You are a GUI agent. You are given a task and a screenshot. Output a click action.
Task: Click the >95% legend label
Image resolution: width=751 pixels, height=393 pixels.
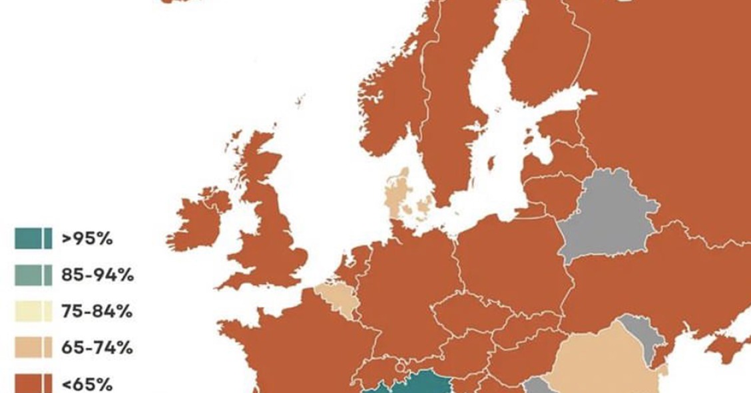tap(87, 238)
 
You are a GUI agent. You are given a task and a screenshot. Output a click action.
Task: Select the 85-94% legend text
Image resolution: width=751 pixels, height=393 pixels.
tap(97, 275)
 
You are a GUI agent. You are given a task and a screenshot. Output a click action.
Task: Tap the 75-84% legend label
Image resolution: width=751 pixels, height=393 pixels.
tap(97, 311)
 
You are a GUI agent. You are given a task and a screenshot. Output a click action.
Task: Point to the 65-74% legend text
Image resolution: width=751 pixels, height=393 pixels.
tap(97, 348)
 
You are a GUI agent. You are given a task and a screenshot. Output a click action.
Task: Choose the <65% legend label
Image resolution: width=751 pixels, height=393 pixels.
tap(87, 384)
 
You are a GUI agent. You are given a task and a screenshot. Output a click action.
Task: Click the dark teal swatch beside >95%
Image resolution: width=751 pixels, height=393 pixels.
tap(33, 238)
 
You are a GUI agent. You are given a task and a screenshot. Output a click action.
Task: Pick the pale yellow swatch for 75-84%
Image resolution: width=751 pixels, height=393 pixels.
tap(33, 311)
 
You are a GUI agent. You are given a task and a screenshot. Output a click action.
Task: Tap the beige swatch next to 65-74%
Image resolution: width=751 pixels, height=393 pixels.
tap(33, 348)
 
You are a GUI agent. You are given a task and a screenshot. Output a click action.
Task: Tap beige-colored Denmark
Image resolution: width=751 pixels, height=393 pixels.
tap(399, 193)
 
